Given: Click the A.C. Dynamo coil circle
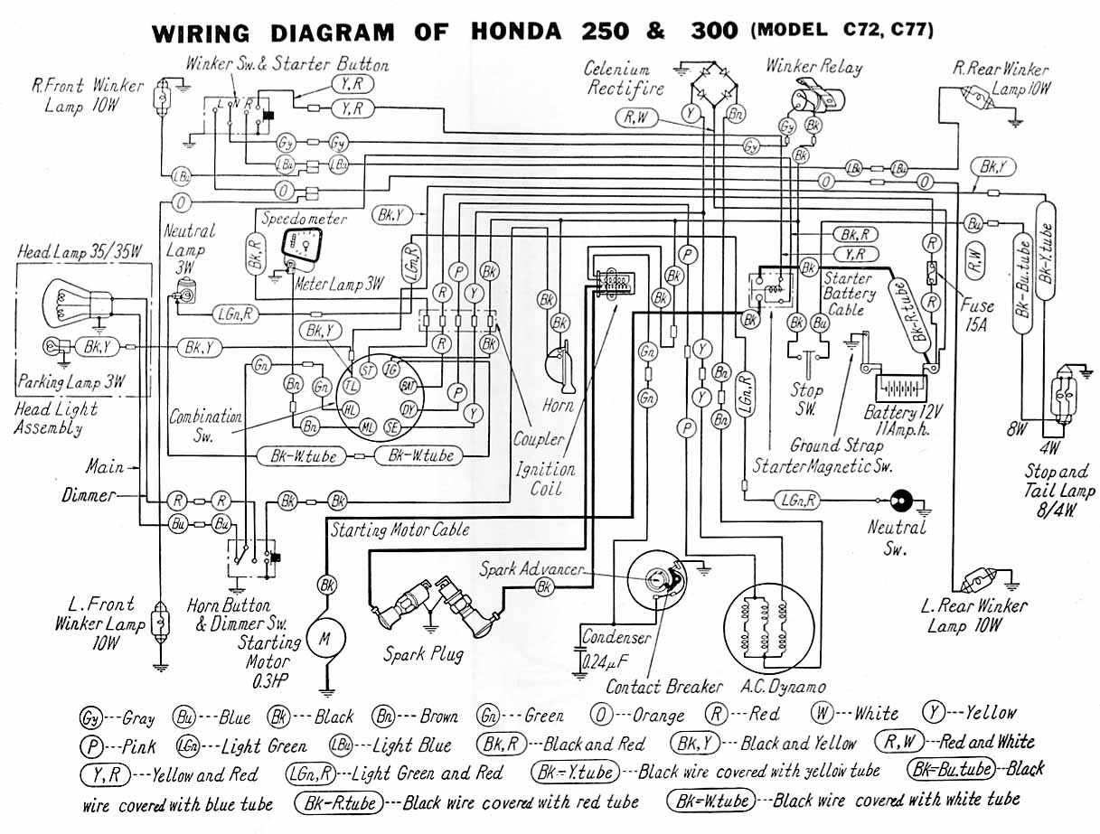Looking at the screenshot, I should tap(765, 623).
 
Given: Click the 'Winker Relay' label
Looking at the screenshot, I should tap(813, 66).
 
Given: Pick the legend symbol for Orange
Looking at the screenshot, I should tap(598, 716).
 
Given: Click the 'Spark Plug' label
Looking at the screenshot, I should tap(424, 653).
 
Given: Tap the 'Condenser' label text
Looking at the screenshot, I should tap(616, 637).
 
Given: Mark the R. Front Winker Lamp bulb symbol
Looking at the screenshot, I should tap(165, 91).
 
